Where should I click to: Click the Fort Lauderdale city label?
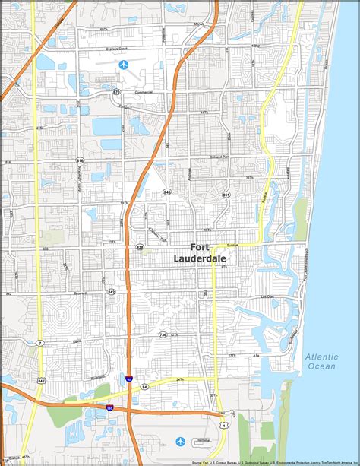coord(212,252)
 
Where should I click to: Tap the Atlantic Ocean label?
coord(320,361)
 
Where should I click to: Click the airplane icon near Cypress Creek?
coord(123,64)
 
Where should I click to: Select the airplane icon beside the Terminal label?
coord(180,441)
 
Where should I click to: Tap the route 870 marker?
coord(116,92)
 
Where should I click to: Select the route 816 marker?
coord(80,160)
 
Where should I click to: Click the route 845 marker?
coord(167,193)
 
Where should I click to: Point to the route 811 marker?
coord(226,195)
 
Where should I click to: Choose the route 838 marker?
coord(140,247)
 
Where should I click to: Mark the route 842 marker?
coord(112,292)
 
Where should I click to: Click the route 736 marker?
coord(163,334)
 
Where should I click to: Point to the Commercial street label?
coord(144,93)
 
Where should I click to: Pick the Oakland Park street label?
coord(220,157)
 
